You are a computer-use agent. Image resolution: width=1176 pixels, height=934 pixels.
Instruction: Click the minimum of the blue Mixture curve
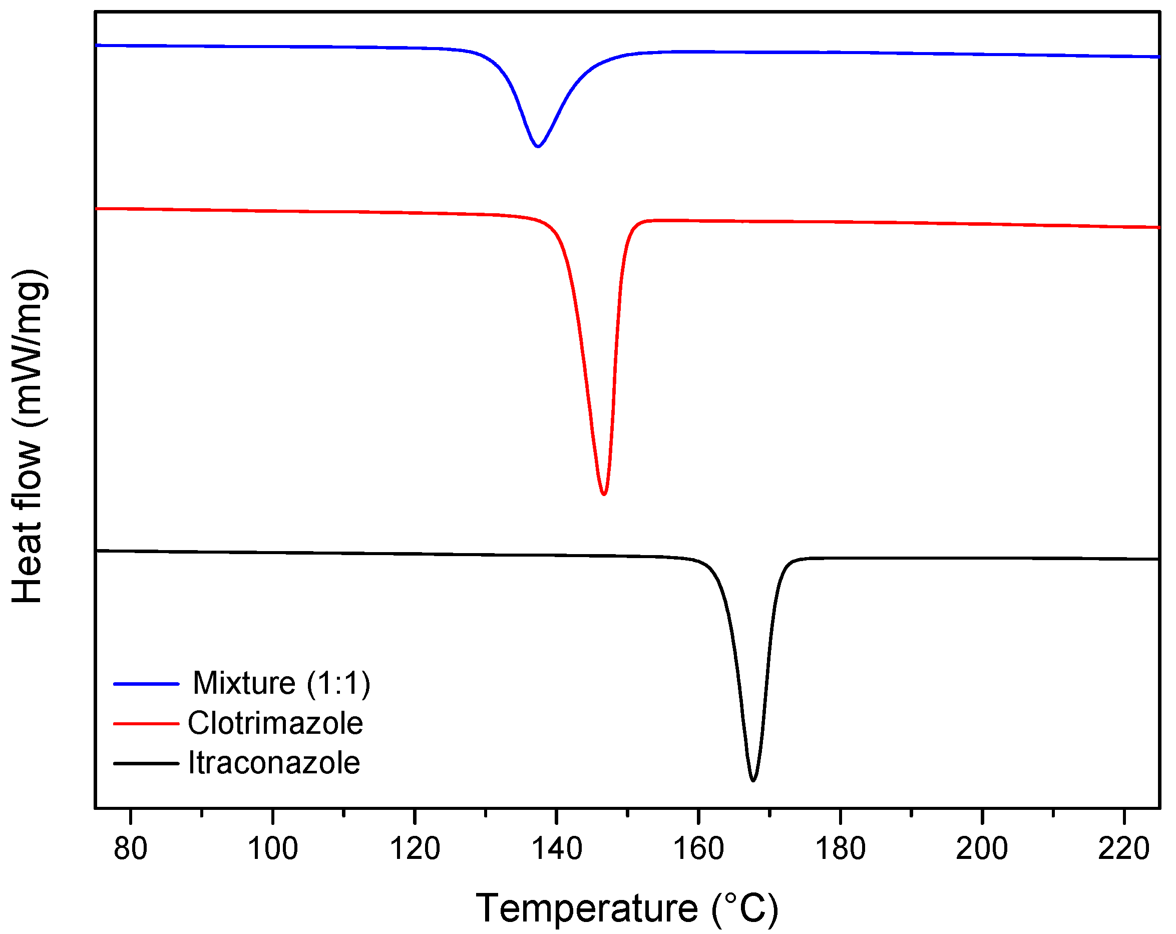(x=538, y=146)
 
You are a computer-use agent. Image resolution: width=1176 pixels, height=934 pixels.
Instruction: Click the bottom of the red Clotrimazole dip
(x=603, y=494)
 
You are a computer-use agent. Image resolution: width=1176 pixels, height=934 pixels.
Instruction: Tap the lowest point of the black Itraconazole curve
(x=753, y=780)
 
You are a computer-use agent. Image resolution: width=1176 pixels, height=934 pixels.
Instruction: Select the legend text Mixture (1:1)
(x=281, y=683)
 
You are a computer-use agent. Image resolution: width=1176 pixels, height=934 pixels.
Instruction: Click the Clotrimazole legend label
(x=275, y=723)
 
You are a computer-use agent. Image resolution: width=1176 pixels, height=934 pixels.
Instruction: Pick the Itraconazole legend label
(x=274, y=763)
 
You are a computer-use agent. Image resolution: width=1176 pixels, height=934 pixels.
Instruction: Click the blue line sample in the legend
(x=146, y=684)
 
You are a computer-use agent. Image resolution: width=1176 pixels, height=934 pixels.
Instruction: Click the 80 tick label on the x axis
(x=130, y=848)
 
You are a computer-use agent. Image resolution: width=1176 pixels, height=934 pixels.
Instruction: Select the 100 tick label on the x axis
(x=272, y=848)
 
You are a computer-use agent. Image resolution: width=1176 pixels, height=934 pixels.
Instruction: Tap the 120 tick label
(x=415, y=848)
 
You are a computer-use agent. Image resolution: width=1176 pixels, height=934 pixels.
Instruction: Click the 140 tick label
(x=556, y=848)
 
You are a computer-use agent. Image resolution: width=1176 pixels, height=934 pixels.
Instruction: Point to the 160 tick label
(x=698, y=848)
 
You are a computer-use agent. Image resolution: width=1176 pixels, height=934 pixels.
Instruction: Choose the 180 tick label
(x=840, y=848)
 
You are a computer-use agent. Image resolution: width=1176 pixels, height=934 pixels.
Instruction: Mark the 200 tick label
(x=982, y=848)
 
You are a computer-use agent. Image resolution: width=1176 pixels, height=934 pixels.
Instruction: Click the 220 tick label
(x=1123, y=848)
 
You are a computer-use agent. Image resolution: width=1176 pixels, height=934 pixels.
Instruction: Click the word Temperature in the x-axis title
(x=586, y=908)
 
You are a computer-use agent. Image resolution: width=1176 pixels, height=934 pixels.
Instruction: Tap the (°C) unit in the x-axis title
(x=744, y=908)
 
